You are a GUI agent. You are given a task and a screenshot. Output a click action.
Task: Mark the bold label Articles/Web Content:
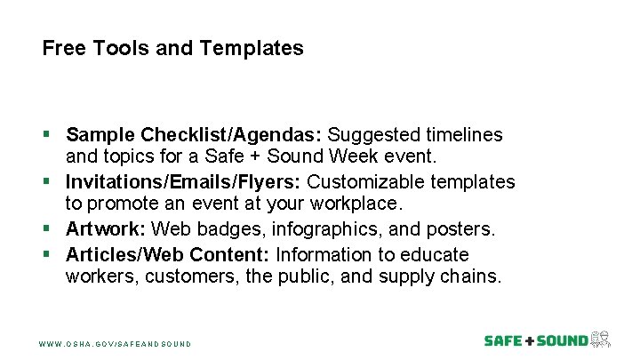tap(168, 253)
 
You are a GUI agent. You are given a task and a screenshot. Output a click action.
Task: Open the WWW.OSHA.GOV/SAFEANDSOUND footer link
tap(116, 342)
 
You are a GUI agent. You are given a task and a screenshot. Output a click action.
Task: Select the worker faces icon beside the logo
tap(602, 339)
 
